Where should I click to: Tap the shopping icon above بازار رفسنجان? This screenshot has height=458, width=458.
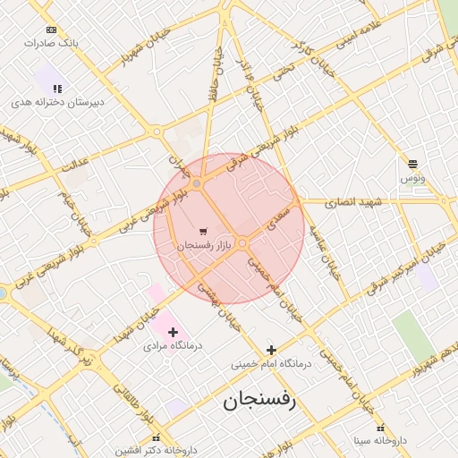tap(205, 231)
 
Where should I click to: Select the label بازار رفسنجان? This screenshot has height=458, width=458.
tap(205, 244)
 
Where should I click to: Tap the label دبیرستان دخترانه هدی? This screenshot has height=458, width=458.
tap(58, 102)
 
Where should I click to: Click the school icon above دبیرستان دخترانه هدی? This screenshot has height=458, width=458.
tap(58, 89)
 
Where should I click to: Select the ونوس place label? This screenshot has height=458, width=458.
tap(412, 179)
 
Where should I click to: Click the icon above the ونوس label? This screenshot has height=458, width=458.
tap(412, 164)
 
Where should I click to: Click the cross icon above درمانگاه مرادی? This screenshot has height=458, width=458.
tap(174, 332)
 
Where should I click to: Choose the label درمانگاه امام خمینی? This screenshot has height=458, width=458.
tap(270, 364)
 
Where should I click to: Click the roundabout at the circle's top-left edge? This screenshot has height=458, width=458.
tap(197, 183)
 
